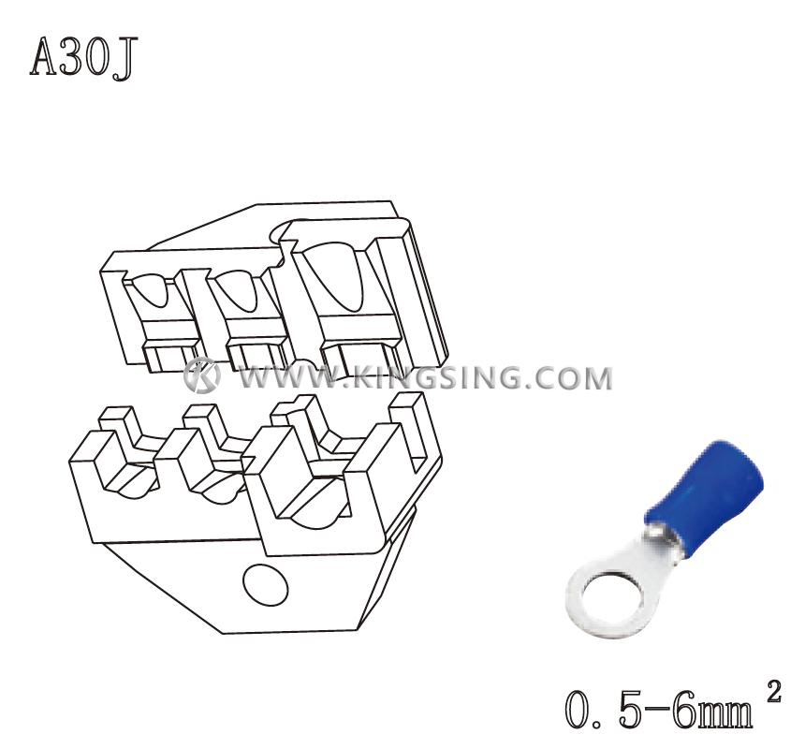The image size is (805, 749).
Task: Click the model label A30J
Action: [83, 57]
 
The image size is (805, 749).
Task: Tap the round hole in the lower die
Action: [264, 585]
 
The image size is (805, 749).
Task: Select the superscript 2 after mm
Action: [773, 694]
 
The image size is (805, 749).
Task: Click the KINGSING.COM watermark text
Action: [484, 378]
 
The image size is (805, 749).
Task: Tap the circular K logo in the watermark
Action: [201, 375]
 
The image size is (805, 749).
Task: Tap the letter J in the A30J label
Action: [124, 58]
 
